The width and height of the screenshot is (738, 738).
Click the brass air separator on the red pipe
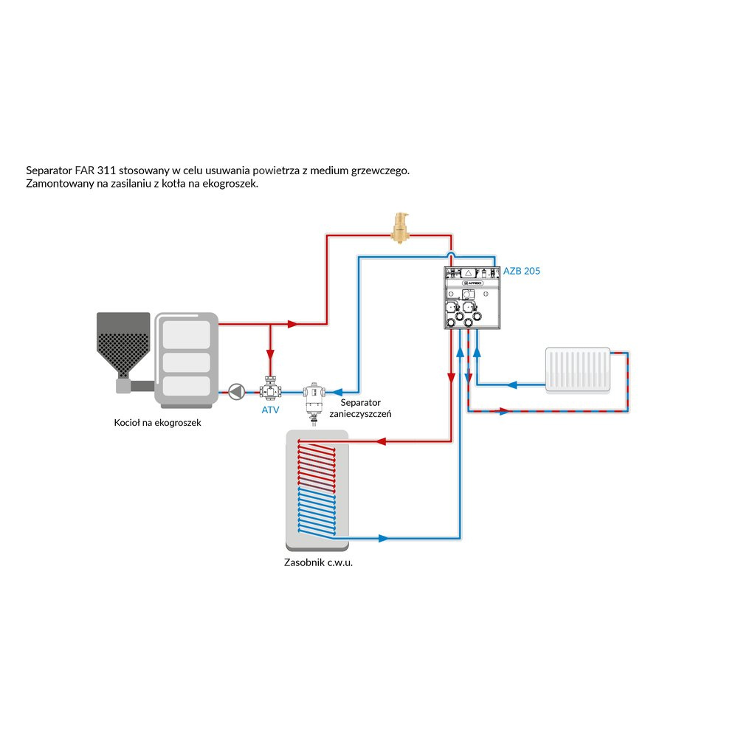[x=401, y=226]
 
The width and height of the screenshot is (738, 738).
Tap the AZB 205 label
[x=521, y=272]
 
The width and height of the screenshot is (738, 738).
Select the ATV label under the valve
[x=271, y=410]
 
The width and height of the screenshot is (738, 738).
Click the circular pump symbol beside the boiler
[x=236, y=391]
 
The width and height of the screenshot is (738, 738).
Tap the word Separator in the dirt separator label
[x=360, y=403]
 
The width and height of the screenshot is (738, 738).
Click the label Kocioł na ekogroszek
[x=157, y=424]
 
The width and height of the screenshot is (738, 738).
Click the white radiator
[x=578, y=369]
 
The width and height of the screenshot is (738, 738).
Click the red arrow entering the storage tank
[x=382, y=442]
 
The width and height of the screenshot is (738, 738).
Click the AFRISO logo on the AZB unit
[x=473, y=282]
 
